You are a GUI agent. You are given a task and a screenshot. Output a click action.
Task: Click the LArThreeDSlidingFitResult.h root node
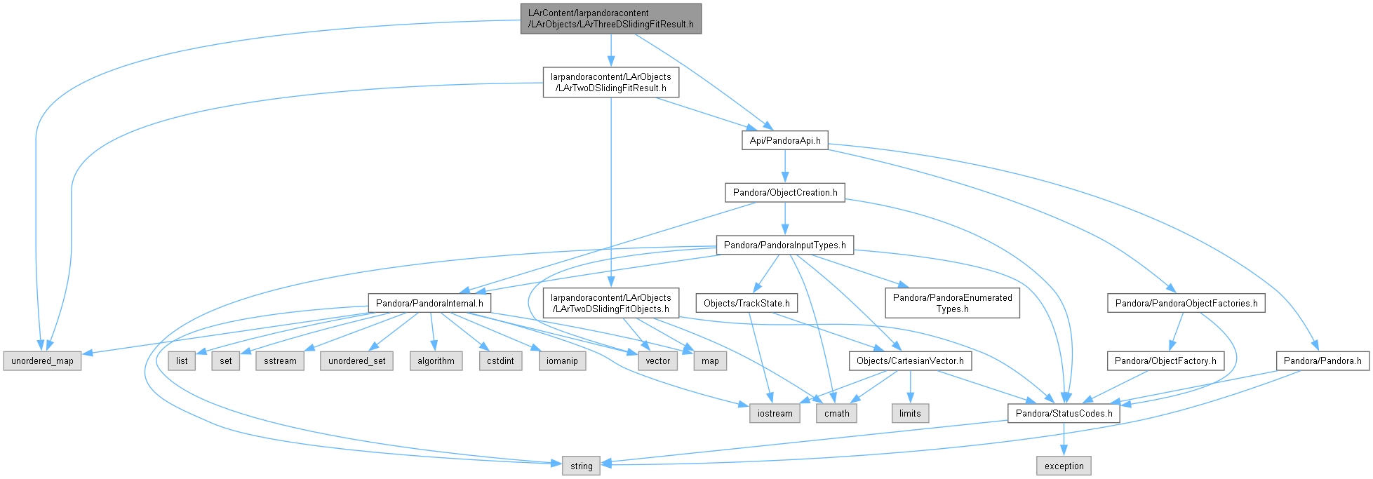point(611,18)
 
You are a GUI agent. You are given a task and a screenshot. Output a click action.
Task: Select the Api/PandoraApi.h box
point(785,140)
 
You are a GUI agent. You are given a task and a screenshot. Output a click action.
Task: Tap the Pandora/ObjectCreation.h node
point(785,192)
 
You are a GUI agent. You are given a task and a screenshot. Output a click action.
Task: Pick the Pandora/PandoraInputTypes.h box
point(785,245)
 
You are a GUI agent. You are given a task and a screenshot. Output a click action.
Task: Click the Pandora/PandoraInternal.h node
point(429,303)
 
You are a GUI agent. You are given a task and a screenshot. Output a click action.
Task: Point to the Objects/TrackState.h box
point(746,303)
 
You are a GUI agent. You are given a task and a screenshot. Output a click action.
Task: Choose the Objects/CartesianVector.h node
point(910,360)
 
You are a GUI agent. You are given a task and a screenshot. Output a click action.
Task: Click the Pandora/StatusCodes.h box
point(1064,413)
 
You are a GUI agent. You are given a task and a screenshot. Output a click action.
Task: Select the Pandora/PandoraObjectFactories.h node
point(1186,303)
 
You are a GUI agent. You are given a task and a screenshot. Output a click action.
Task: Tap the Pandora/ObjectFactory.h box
point(1165,360)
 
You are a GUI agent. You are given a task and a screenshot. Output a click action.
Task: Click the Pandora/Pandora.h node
point(1322,360)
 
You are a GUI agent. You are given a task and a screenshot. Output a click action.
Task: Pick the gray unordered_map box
point(42,360)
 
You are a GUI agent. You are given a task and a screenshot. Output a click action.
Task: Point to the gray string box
point(582,466)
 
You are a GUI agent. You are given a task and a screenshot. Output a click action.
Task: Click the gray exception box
point(1064,466)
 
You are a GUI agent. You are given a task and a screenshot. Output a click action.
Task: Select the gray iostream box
point(775,413)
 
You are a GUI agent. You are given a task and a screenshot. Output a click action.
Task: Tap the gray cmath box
point(837,413)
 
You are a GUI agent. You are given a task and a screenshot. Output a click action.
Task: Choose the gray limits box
point(910,413)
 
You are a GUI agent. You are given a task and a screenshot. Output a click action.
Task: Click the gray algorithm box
point(436,360)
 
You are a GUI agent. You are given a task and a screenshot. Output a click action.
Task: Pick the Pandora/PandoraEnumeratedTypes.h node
point(953,303)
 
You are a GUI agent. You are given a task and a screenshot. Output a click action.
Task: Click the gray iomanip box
point(563,360)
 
